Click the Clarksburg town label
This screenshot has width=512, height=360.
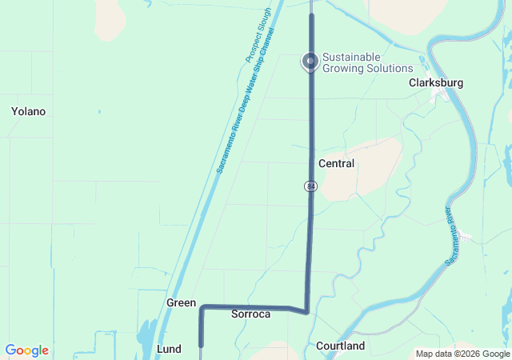coord(436,82)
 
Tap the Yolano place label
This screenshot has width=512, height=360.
coord(28,111)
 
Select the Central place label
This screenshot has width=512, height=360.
coord(336,163)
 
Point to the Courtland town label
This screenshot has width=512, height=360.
coord(340,346)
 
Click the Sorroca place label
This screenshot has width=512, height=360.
coord(250,314)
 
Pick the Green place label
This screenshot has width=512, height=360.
coord(181,303)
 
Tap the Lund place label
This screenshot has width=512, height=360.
coord(169,349)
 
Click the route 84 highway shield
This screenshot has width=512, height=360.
coord(310,186)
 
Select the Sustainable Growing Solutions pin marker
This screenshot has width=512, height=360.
coord(310,61)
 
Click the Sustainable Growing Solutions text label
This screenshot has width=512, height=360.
coord(368,62)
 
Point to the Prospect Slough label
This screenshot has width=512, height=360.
coord(258,36)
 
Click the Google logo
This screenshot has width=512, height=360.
coord(26,350)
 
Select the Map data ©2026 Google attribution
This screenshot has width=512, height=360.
coord(462,354)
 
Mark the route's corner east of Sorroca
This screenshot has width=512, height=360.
coord(306,311)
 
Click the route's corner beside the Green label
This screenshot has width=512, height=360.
coord(202,307)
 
